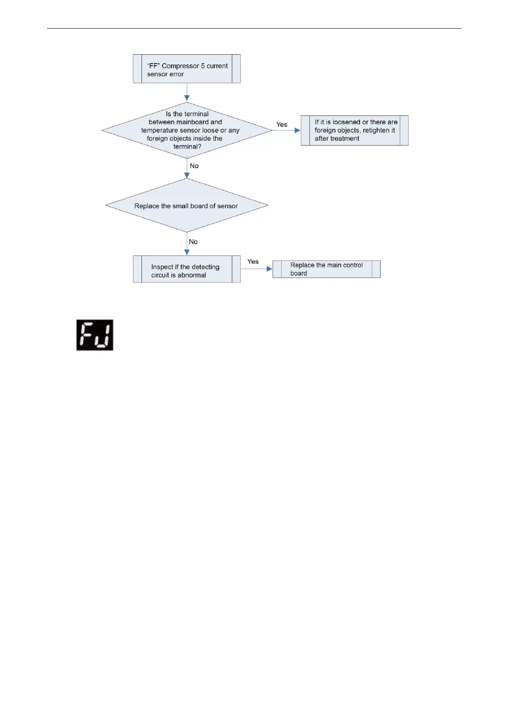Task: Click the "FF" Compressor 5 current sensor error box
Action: (x=187, y=69)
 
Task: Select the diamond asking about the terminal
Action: (x=187, y=130)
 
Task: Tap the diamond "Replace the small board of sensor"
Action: (x=187, y=205)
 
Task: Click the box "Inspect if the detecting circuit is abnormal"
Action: (x=187, y=269)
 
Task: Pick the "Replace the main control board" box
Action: (x=327, y=269)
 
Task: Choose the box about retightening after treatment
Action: (x=355, y=130)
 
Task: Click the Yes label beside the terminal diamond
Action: (x=282, y=125)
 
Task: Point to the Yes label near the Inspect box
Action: (x=253, y=262)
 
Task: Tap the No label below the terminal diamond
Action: (x=194, y=166)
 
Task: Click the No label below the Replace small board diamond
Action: (x=193, y=242)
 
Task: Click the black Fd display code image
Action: (x=95, y=335)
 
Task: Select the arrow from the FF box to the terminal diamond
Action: (x=187, y=92)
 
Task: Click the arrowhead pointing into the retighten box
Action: (x=298, y=130)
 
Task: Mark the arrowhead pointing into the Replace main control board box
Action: (x=270, y=269)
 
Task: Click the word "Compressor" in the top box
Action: (x=180, y=66)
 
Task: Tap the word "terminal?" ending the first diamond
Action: (x=187, y=146)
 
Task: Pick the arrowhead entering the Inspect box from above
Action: (x=187, y=252)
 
